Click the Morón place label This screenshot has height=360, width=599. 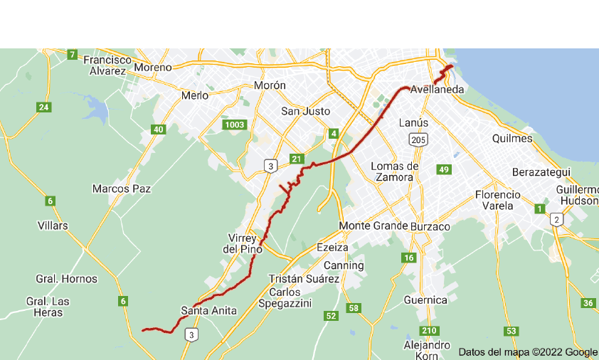(x=270, y=85)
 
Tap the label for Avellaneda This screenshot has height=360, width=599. (x=437, y=90)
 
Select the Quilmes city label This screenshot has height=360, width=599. (x=512, y=139)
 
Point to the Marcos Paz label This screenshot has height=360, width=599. (x=121, y=189)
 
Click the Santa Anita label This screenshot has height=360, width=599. (x=208, y=310)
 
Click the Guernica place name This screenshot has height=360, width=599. (x=425, y=300)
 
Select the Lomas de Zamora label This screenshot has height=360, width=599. (x=396, y=171)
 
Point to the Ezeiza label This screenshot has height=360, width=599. (x=332, y=248)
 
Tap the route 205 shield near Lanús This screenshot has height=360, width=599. (x=418, y=141)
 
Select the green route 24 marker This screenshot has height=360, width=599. (x=44, y=107)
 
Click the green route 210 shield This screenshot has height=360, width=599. (x=429, y=331)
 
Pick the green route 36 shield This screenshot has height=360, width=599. (x=588, y=303)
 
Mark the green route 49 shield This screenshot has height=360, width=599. (x=445, y=169)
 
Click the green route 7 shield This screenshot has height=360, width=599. (x=72, y=54)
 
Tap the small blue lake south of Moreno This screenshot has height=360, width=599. (x=96, y=111)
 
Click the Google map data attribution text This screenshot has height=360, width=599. (x=527, y=351)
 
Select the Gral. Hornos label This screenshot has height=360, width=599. (x=66, y=279)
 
